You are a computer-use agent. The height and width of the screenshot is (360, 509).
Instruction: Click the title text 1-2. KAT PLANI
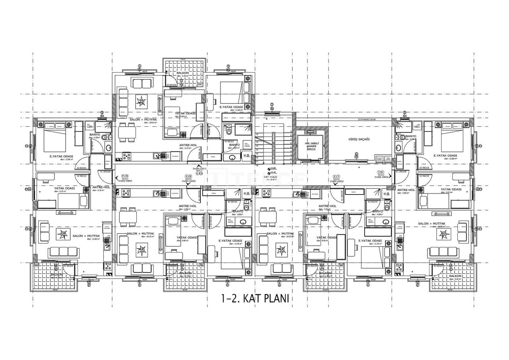[x=254, y=298]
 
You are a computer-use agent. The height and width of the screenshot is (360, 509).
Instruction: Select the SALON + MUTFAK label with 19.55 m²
[x=143, y=119]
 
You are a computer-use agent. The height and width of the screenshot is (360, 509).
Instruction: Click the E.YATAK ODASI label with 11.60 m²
[x=231, y=107]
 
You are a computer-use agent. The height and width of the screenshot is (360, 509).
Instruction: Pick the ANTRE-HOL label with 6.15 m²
[x=188, y=145]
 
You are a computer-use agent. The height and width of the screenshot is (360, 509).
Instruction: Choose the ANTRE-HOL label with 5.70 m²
[x=101, y=187]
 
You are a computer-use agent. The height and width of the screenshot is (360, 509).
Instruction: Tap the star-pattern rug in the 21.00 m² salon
[x=62, y=234]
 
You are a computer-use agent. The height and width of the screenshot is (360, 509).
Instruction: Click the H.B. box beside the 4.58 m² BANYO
[x=247, y=156]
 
